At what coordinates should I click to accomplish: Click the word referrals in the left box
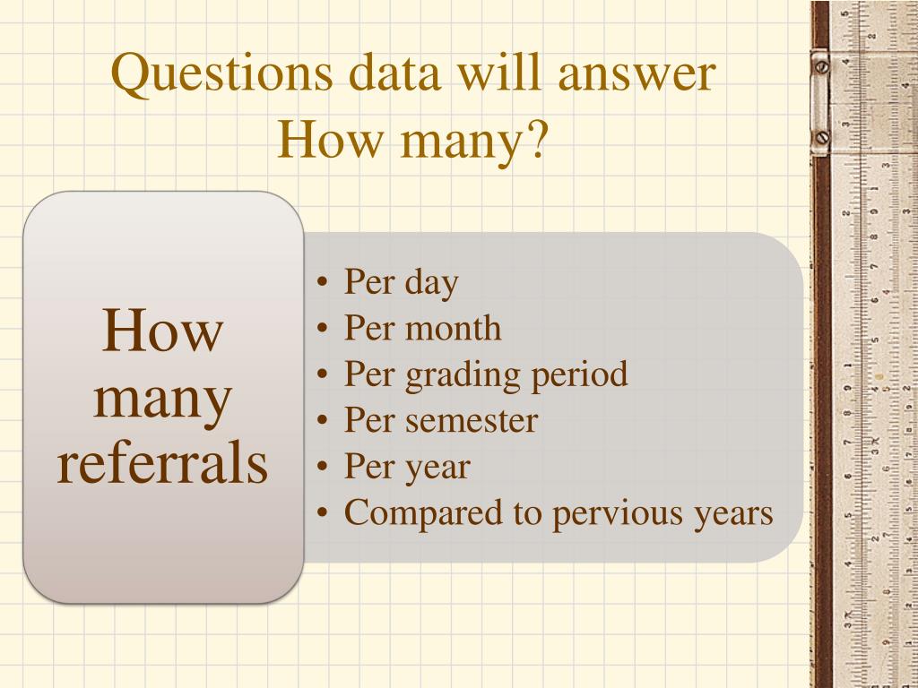click(162, 465)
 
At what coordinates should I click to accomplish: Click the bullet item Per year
click(406, 468)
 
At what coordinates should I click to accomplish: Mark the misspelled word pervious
click(611, 514)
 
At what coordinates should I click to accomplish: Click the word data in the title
click(395, 75)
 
